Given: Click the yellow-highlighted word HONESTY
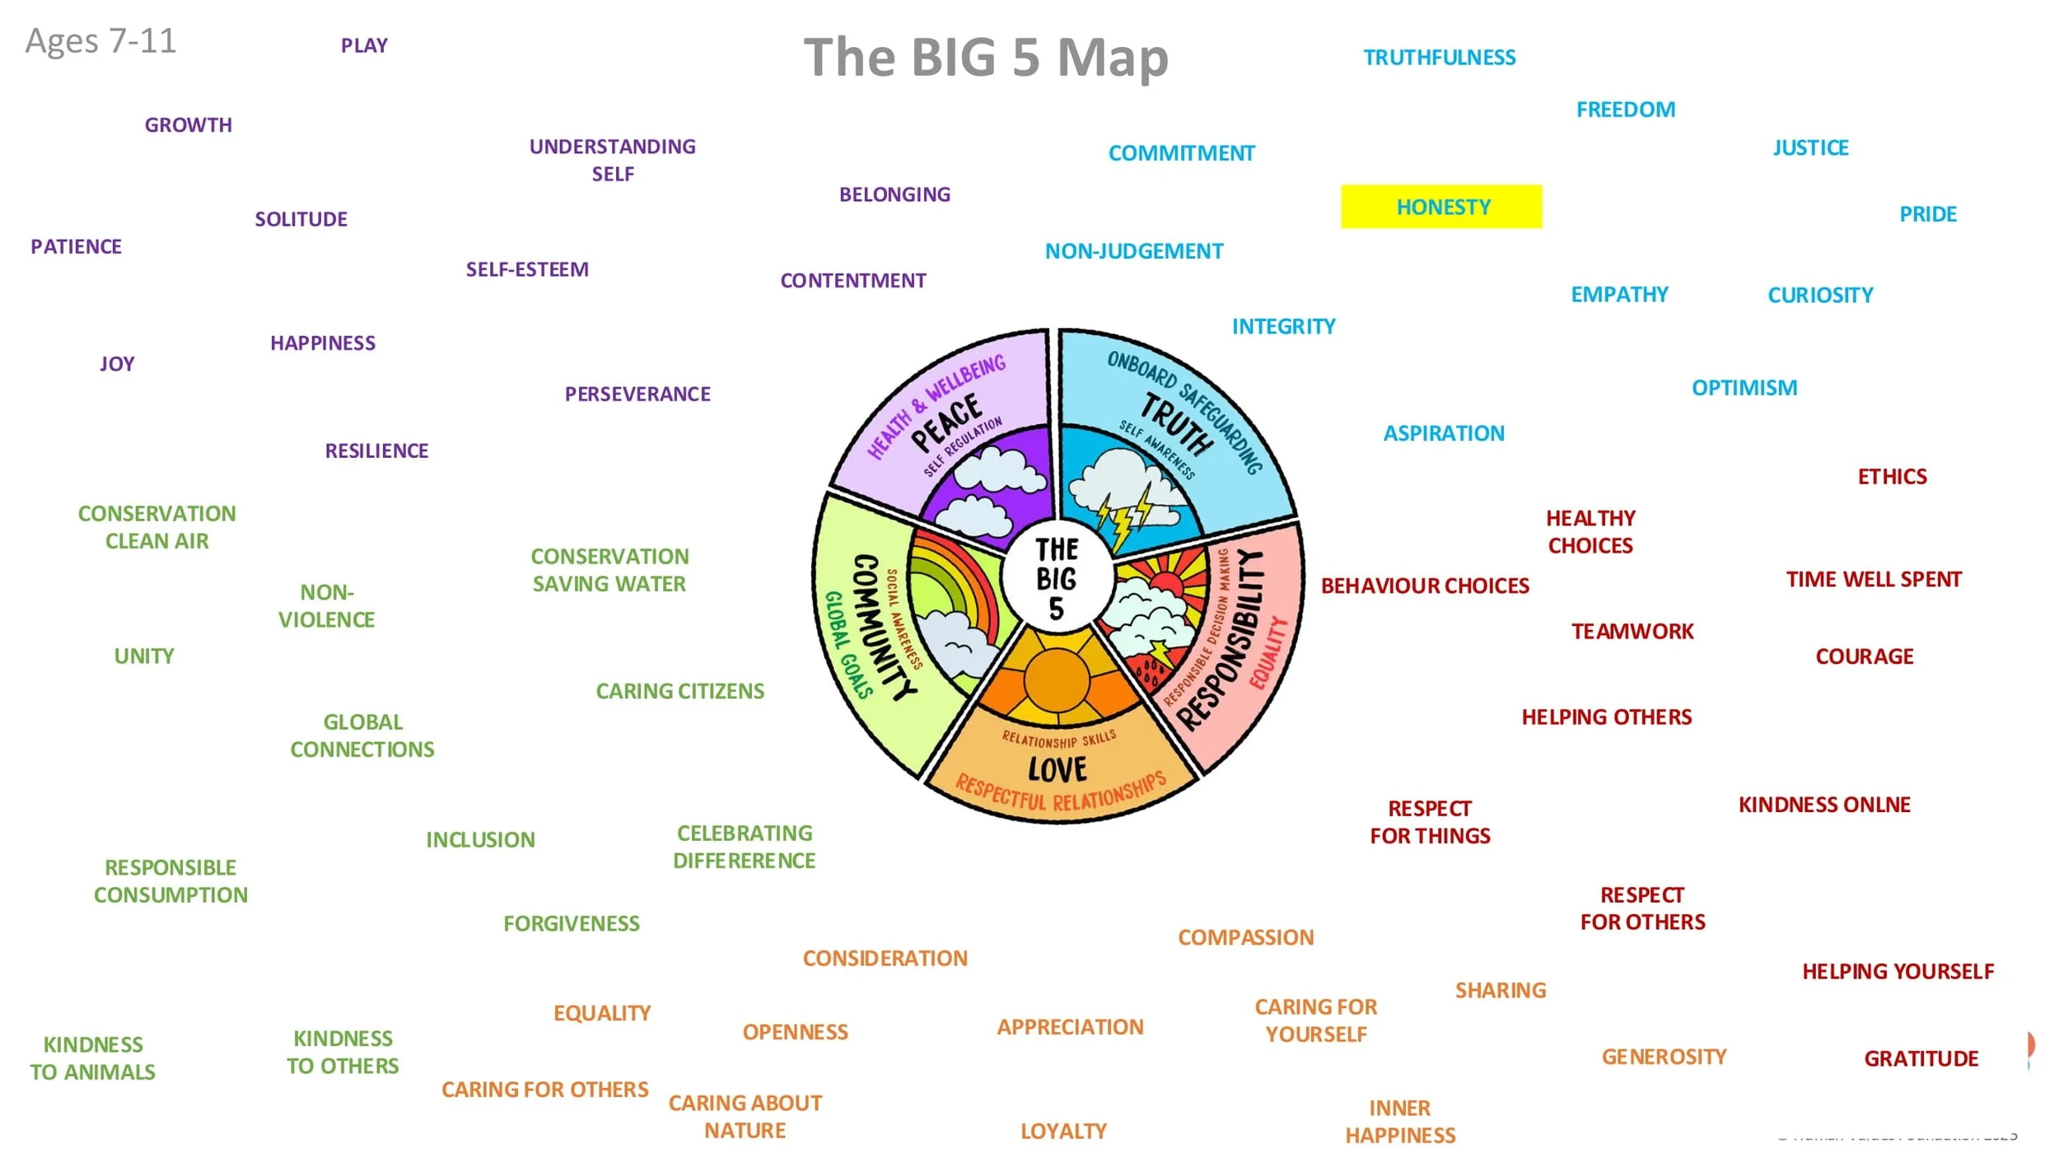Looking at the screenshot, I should point(1442,207).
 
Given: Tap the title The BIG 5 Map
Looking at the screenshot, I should point(986,58).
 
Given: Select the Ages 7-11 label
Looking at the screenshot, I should point(100,41).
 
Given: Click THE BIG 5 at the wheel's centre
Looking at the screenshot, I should point(1056,578).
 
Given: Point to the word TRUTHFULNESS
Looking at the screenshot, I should point(1439,58).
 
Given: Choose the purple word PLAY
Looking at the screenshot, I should point(364,45).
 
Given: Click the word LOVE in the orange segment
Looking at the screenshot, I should point(1058,769).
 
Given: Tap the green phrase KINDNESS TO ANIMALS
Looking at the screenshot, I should point(92,1058).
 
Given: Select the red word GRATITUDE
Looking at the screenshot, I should point(1921,1058).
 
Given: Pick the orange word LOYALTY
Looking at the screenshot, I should point(1063,1131).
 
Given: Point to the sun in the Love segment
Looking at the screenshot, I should point(1057,679).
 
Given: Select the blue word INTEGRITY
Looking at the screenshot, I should point(1283,327).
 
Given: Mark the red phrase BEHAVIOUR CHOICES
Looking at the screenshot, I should point(1425,586).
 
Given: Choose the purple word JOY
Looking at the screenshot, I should point(117,364).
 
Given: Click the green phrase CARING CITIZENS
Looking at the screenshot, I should point(679,691).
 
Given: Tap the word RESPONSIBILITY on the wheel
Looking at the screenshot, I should point(1223,642).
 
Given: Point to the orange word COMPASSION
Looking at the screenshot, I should point(1245,937).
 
